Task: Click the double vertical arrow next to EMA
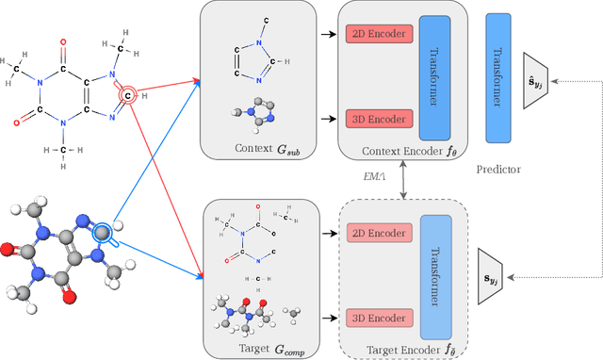(x=406, y=178)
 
